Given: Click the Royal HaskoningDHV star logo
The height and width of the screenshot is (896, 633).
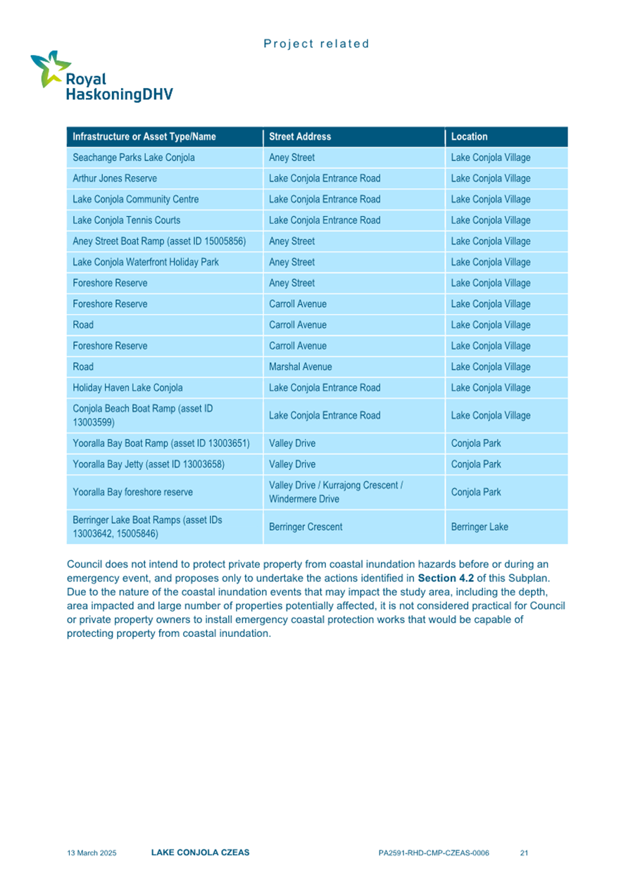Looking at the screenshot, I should [x=48, y=68].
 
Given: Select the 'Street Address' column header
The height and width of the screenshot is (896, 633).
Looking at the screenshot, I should [x=299, y=137].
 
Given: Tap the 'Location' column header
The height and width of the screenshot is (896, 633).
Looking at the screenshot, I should [x=469, y=137].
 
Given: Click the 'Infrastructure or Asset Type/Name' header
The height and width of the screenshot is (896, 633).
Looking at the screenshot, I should [x=144, y=137].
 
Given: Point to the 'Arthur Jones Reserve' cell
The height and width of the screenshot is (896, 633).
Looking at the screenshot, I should [x=115, y=179].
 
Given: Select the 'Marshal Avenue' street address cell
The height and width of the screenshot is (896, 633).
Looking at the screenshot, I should [x=301, y=367].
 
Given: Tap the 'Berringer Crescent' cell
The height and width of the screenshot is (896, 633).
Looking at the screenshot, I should [x=306, y=526].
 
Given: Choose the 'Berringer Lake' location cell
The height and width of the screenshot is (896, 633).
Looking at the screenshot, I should [x=480, y=526].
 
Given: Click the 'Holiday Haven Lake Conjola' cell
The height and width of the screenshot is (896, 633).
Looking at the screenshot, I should [x=127, y=388].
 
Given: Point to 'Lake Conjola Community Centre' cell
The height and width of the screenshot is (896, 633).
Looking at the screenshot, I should [x=135, y=199].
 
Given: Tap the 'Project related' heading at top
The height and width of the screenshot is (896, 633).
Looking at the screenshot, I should [x=316, y=44].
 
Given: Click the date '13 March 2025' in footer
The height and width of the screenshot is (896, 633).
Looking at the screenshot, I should [x=92, y=853].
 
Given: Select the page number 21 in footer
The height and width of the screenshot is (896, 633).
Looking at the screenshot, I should [x=524, y=853].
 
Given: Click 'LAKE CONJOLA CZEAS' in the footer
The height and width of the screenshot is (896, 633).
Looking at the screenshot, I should [x=200, y=852].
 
